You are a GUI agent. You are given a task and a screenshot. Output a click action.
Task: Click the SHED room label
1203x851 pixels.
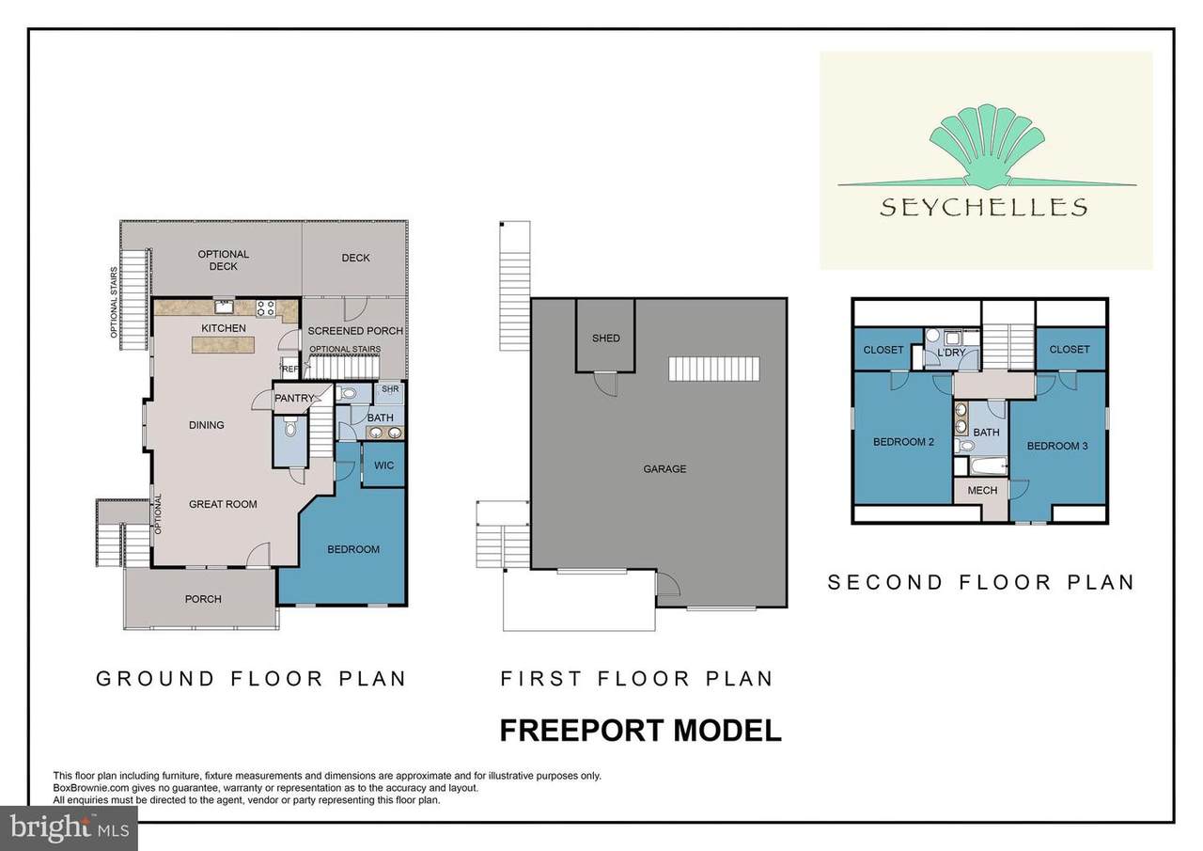606,339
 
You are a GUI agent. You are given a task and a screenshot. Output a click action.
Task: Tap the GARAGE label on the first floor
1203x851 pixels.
664,469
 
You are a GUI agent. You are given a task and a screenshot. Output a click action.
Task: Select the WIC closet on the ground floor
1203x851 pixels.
383,465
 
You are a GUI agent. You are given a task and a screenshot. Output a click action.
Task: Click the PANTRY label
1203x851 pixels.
294,398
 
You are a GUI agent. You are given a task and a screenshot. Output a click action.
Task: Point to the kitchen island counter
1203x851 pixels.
223,345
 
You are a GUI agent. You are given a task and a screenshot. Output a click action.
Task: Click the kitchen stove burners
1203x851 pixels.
266,308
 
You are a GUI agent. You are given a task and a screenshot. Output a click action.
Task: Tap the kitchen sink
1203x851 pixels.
224,307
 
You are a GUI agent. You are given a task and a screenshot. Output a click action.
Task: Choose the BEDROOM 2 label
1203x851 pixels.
903,442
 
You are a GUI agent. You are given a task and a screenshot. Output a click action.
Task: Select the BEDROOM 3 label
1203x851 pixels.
1057,446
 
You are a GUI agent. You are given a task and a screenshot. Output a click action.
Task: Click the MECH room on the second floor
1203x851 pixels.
982,491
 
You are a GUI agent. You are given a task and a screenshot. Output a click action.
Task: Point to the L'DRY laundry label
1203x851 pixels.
952,353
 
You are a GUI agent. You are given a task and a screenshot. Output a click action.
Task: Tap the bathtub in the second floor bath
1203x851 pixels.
988,465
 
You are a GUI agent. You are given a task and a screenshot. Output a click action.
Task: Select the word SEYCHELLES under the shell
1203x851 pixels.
984,208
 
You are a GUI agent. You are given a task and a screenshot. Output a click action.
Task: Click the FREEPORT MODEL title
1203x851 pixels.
640,731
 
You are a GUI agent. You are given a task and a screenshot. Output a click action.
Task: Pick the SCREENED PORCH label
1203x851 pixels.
355,331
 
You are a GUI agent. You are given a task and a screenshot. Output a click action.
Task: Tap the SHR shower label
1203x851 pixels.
390,389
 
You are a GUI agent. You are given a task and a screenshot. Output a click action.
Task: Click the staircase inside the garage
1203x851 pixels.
714,370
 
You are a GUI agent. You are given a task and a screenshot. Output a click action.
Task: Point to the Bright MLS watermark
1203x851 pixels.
70,827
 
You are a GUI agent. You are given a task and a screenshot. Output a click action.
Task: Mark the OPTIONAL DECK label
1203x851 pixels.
223,260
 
